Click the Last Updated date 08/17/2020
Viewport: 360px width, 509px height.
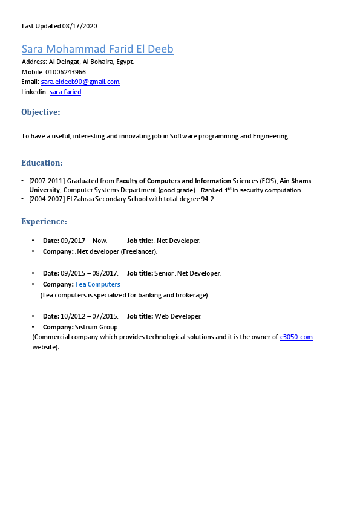point(79,26)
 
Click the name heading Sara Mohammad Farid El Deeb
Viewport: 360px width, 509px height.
point(97,50)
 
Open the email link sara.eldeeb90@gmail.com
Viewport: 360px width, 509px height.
point(80,82)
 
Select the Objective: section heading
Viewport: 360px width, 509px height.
point(41,112)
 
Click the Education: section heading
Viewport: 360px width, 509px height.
point(42,163)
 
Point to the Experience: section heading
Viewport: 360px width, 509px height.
point(44,222)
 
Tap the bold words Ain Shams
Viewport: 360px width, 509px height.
point(295,181)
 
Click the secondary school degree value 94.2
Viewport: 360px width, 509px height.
point(208,199)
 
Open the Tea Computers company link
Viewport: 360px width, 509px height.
point(97,284)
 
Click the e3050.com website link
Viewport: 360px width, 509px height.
point(296,337)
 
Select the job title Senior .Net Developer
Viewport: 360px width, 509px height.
point(188,273)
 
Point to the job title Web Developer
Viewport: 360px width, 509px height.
point(178,316)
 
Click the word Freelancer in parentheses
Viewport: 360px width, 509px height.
point(139,251)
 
